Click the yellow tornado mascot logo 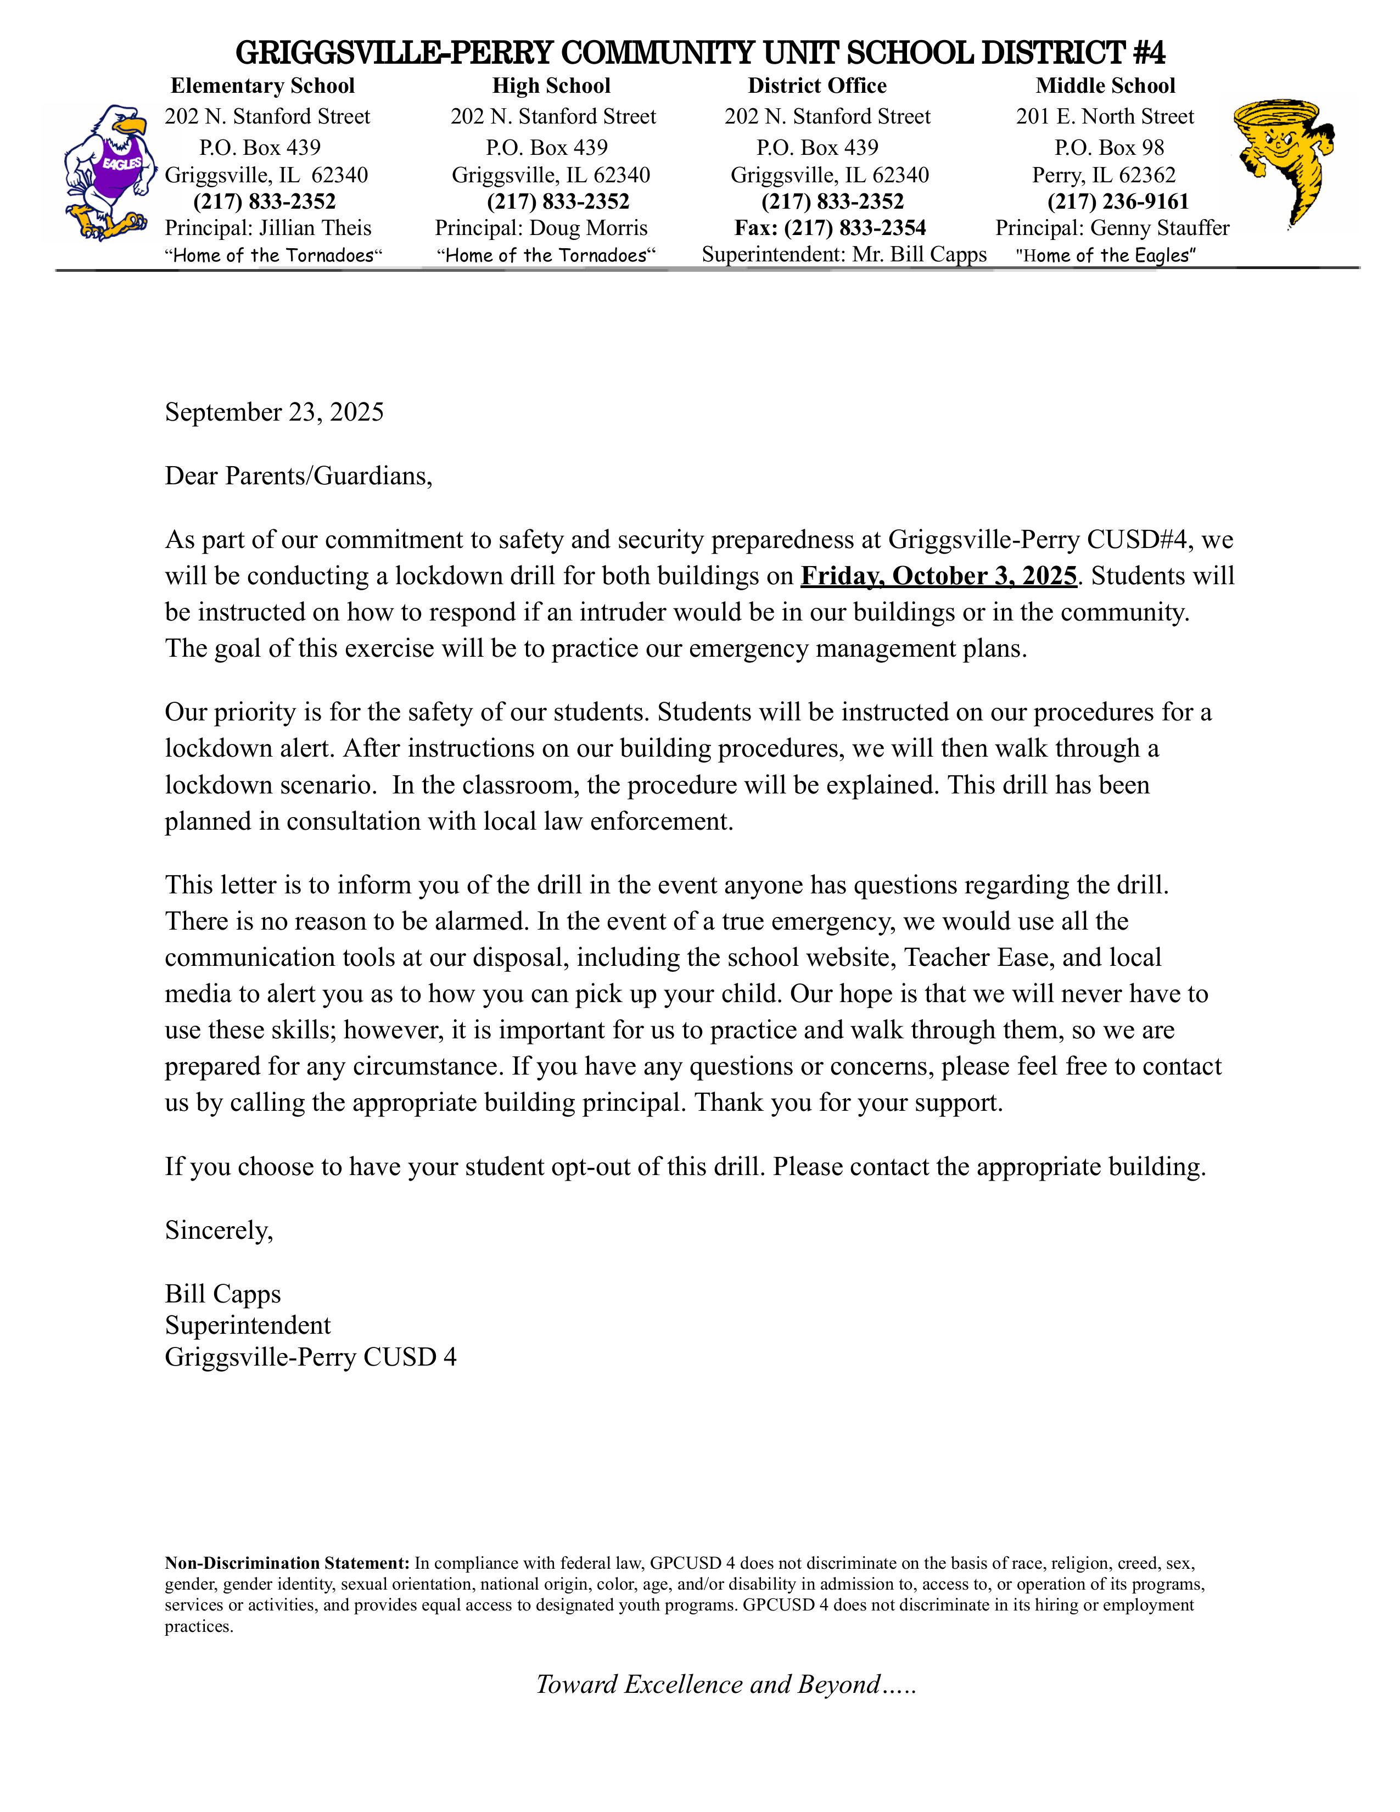(x=1282, y=162)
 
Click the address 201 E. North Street (x=1105, y=117)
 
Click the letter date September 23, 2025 (x=275, y=412)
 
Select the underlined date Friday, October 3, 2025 (x=938, y=576)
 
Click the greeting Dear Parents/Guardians (x=299, y=476)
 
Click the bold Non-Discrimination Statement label (x=287, y=1564)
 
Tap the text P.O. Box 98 (x=1109, y=148)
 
